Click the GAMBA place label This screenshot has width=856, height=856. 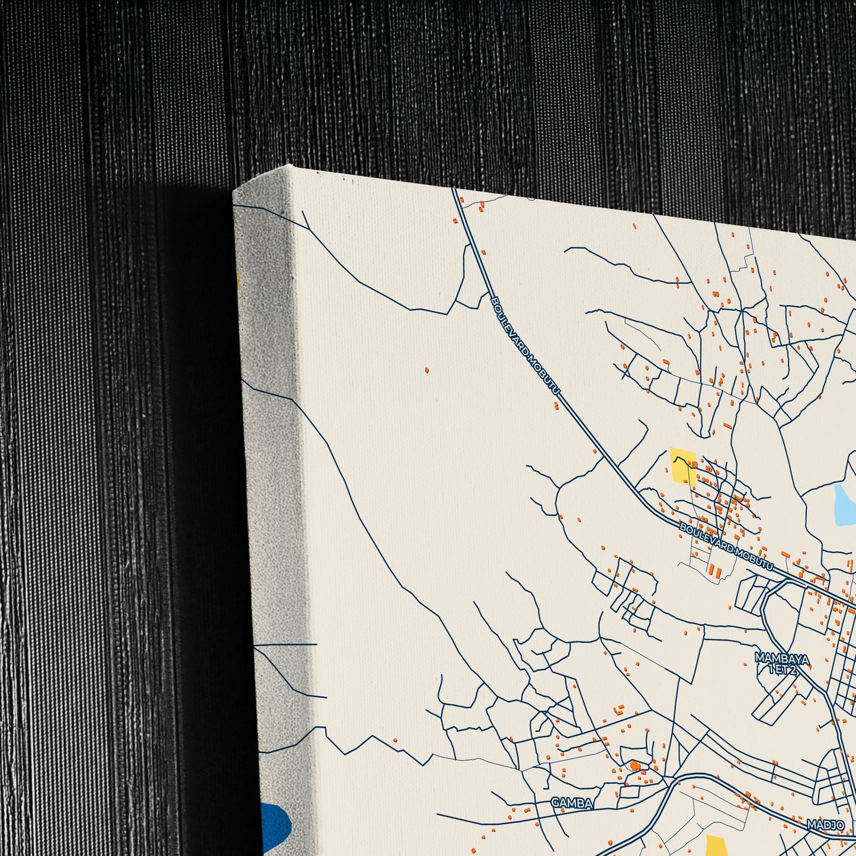[x=572, y=802]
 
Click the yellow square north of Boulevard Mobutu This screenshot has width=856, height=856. [x=682, y=467]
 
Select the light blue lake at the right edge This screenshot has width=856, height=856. [x=844, y=505]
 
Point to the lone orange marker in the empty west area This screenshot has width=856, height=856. [x=427, y=371]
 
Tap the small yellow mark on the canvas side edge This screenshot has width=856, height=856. [x=238, y=281]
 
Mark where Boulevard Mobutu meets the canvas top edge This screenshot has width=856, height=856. [x=455, y=190]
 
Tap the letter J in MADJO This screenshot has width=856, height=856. [x=829, y=824]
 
